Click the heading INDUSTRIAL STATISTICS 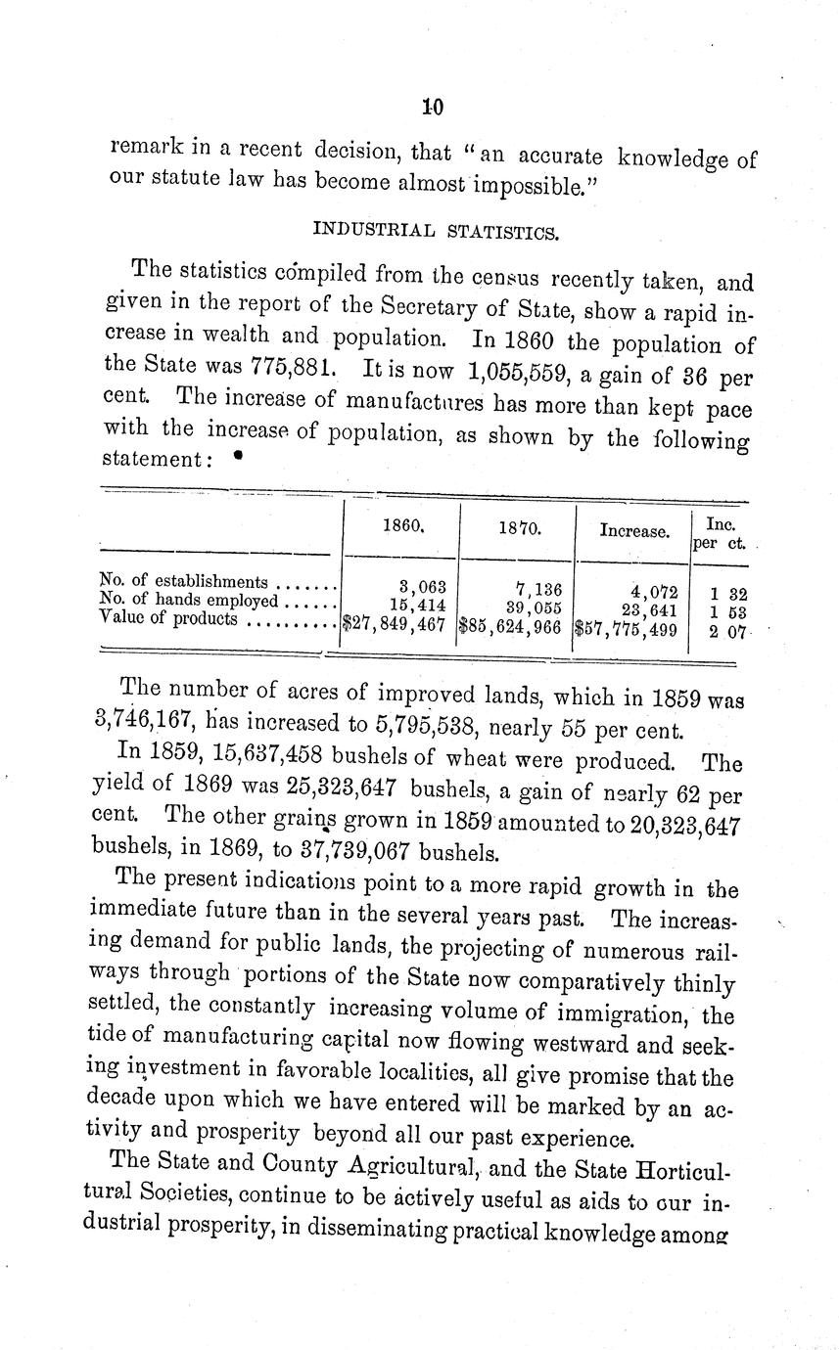click(436, 231)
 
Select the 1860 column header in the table click(401, 525)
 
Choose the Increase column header click(633, 532)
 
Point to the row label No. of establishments click(184, 583)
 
